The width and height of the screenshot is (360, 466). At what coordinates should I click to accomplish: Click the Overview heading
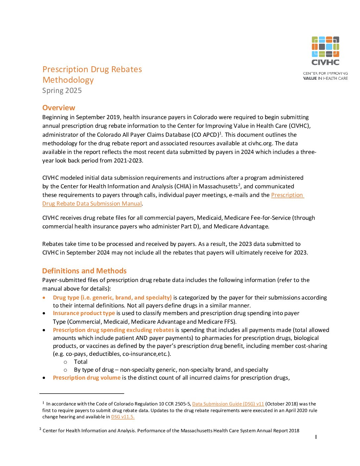click(x=59, y=108)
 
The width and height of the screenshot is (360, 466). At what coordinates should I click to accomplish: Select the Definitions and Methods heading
click(x=84, y=271)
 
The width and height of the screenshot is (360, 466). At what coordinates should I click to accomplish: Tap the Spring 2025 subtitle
click(x=62, y=91)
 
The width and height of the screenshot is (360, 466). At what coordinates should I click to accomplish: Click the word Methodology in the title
click(x=68, y=80)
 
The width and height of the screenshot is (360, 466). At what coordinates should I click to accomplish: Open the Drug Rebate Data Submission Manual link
click(x=92, y=204)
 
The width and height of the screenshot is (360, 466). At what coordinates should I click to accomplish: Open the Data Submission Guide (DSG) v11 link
click(x=228, y=404)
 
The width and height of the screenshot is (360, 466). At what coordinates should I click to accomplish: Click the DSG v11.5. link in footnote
click(x=123, y=417)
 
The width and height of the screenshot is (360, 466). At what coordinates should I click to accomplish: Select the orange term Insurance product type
click(x=84, y=313)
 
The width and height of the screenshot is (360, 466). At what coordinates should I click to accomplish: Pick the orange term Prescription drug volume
click(x=87, y=378)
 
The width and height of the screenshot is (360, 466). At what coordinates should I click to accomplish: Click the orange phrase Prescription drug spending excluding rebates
click(x=113, y=330)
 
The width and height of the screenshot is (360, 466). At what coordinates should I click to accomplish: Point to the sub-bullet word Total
click(x=81, y=362)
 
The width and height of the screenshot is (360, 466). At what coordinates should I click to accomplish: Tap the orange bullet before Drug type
click(x=44, y=298)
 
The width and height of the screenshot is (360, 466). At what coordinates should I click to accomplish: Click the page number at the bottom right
click(x=316, y=437)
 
